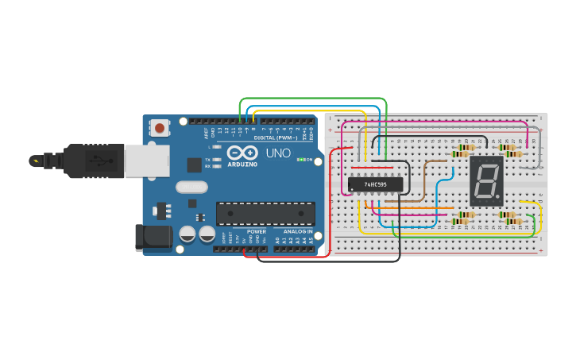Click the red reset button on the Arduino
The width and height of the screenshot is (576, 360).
pyautogui.click(x=160, y=127)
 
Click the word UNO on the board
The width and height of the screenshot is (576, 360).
pyautogui.click(x=277, y=153)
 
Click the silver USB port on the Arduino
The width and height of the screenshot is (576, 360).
pyautogui.click(x=147, y=161)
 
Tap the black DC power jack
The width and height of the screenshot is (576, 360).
pyautogui.click(x=153, y=236)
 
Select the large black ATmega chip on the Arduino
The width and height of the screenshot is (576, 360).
pyautogui.click(x=265, y=213)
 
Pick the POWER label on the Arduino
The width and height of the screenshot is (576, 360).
pyautogui.click(x=256, y=231)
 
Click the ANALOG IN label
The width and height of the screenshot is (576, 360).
pyautogui.click(x=298, y=231)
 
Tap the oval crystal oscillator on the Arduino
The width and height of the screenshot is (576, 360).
pyautogui.click(x=191, y=188)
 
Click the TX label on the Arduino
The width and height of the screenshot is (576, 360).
pyautogui.click(x=207, y=159)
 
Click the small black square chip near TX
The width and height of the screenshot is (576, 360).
pyautogui.click(x=194, y=165)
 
